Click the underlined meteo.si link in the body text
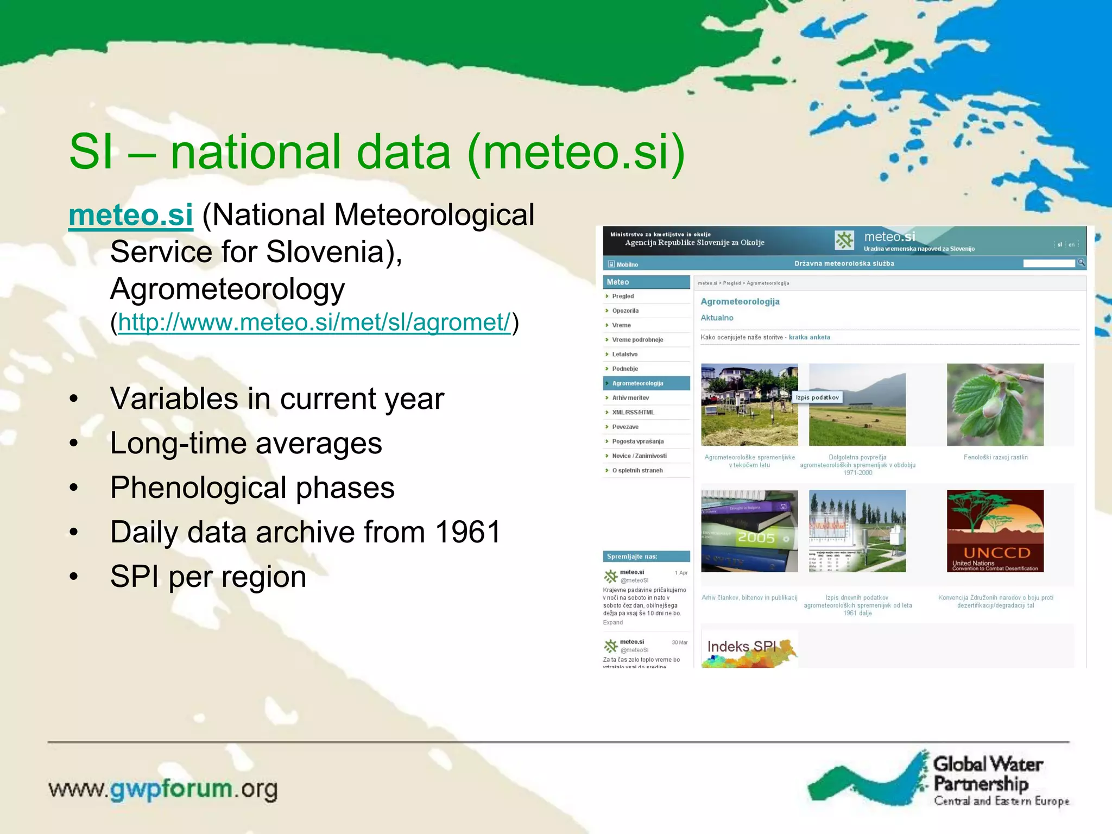pos(130,215)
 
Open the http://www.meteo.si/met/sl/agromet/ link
pos(314,322)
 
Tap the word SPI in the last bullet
pos(135,576)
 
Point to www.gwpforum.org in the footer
pos(163,789)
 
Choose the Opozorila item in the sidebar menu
pos(625,311)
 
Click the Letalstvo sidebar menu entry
pos(624,354)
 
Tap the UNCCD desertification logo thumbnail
pos(995,531)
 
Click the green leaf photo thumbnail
pos(995,405)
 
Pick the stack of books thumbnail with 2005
pos(749,531)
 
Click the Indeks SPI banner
pos(749,649)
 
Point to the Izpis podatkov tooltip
pos(817,397)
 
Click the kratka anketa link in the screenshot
pos(809,337)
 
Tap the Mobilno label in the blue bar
pos(627,264)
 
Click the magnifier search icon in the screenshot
pos(1081,263)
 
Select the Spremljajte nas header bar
pos(646,557)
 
